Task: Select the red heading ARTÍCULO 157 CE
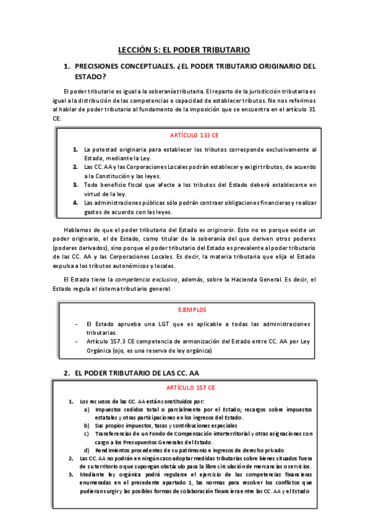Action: (x=190, y=388)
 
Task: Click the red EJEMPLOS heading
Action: (x=192, y=310)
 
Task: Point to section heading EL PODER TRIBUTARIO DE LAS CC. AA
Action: (x=136, y=373)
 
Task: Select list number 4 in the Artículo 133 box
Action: (x=75, y=203)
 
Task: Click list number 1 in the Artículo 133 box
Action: (x=75, y=149)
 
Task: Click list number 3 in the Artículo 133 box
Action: (x=75, y=185)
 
